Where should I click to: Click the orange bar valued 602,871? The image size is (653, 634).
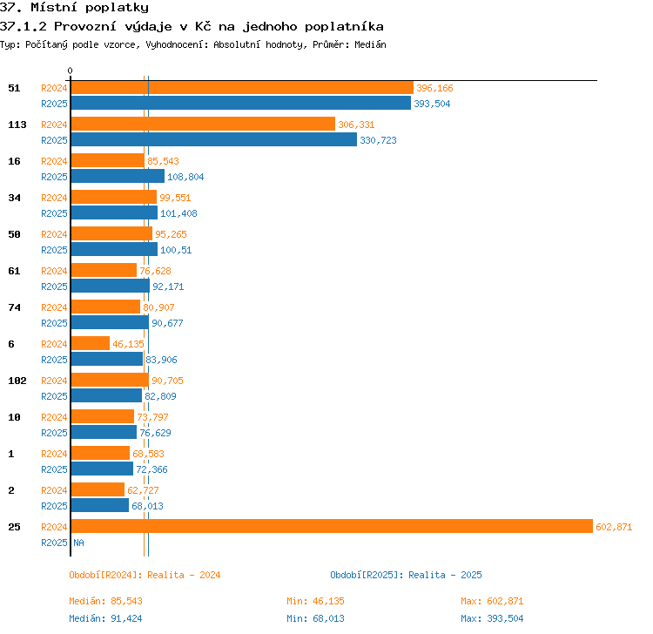tap(332, 526)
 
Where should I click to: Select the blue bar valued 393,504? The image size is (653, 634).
tap(241, 103)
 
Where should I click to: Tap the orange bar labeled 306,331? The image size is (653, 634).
tap(203, 124)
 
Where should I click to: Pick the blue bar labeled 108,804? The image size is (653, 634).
tap(118, 176)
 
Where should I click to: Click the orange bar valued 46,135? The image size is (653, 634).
tap(91, 343)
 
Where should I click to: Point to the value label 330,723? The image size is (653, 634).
tap(378, 140)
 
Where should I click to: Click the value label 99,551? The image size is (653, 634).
tap(175, 198)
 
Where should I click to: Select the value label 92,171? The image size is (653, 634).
tap(168, 287)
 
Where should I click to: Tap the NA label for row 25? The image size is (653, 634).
tap(78, 543)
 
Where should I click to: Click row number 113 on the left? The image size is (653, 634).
tap(17, 125)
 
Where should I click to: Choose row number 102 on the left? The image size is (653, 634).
tap(17, 381)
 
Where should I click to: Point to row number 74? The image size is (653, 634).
tap(14, 307)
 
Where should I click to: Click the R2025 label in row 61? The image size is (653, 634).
tap(54, 287)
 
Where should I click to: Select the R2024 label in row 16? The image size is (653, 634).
tap(54, 161)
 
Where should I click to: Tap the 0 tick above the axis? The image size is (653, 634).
tap(70, 71)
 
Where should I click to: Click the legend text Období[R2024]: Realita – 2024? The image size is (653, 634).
tap(145, 575)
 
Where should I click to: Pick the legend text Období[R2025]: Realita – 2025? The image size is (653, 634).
tap(406, 575)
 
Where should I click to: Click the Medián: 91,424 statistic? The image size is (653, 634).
tap(105, 618)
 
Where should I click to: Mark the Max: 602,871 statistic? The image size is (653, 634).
tap(492, 601)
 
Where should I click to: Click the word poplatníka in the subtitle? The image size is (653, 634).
tap(344, 27)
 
